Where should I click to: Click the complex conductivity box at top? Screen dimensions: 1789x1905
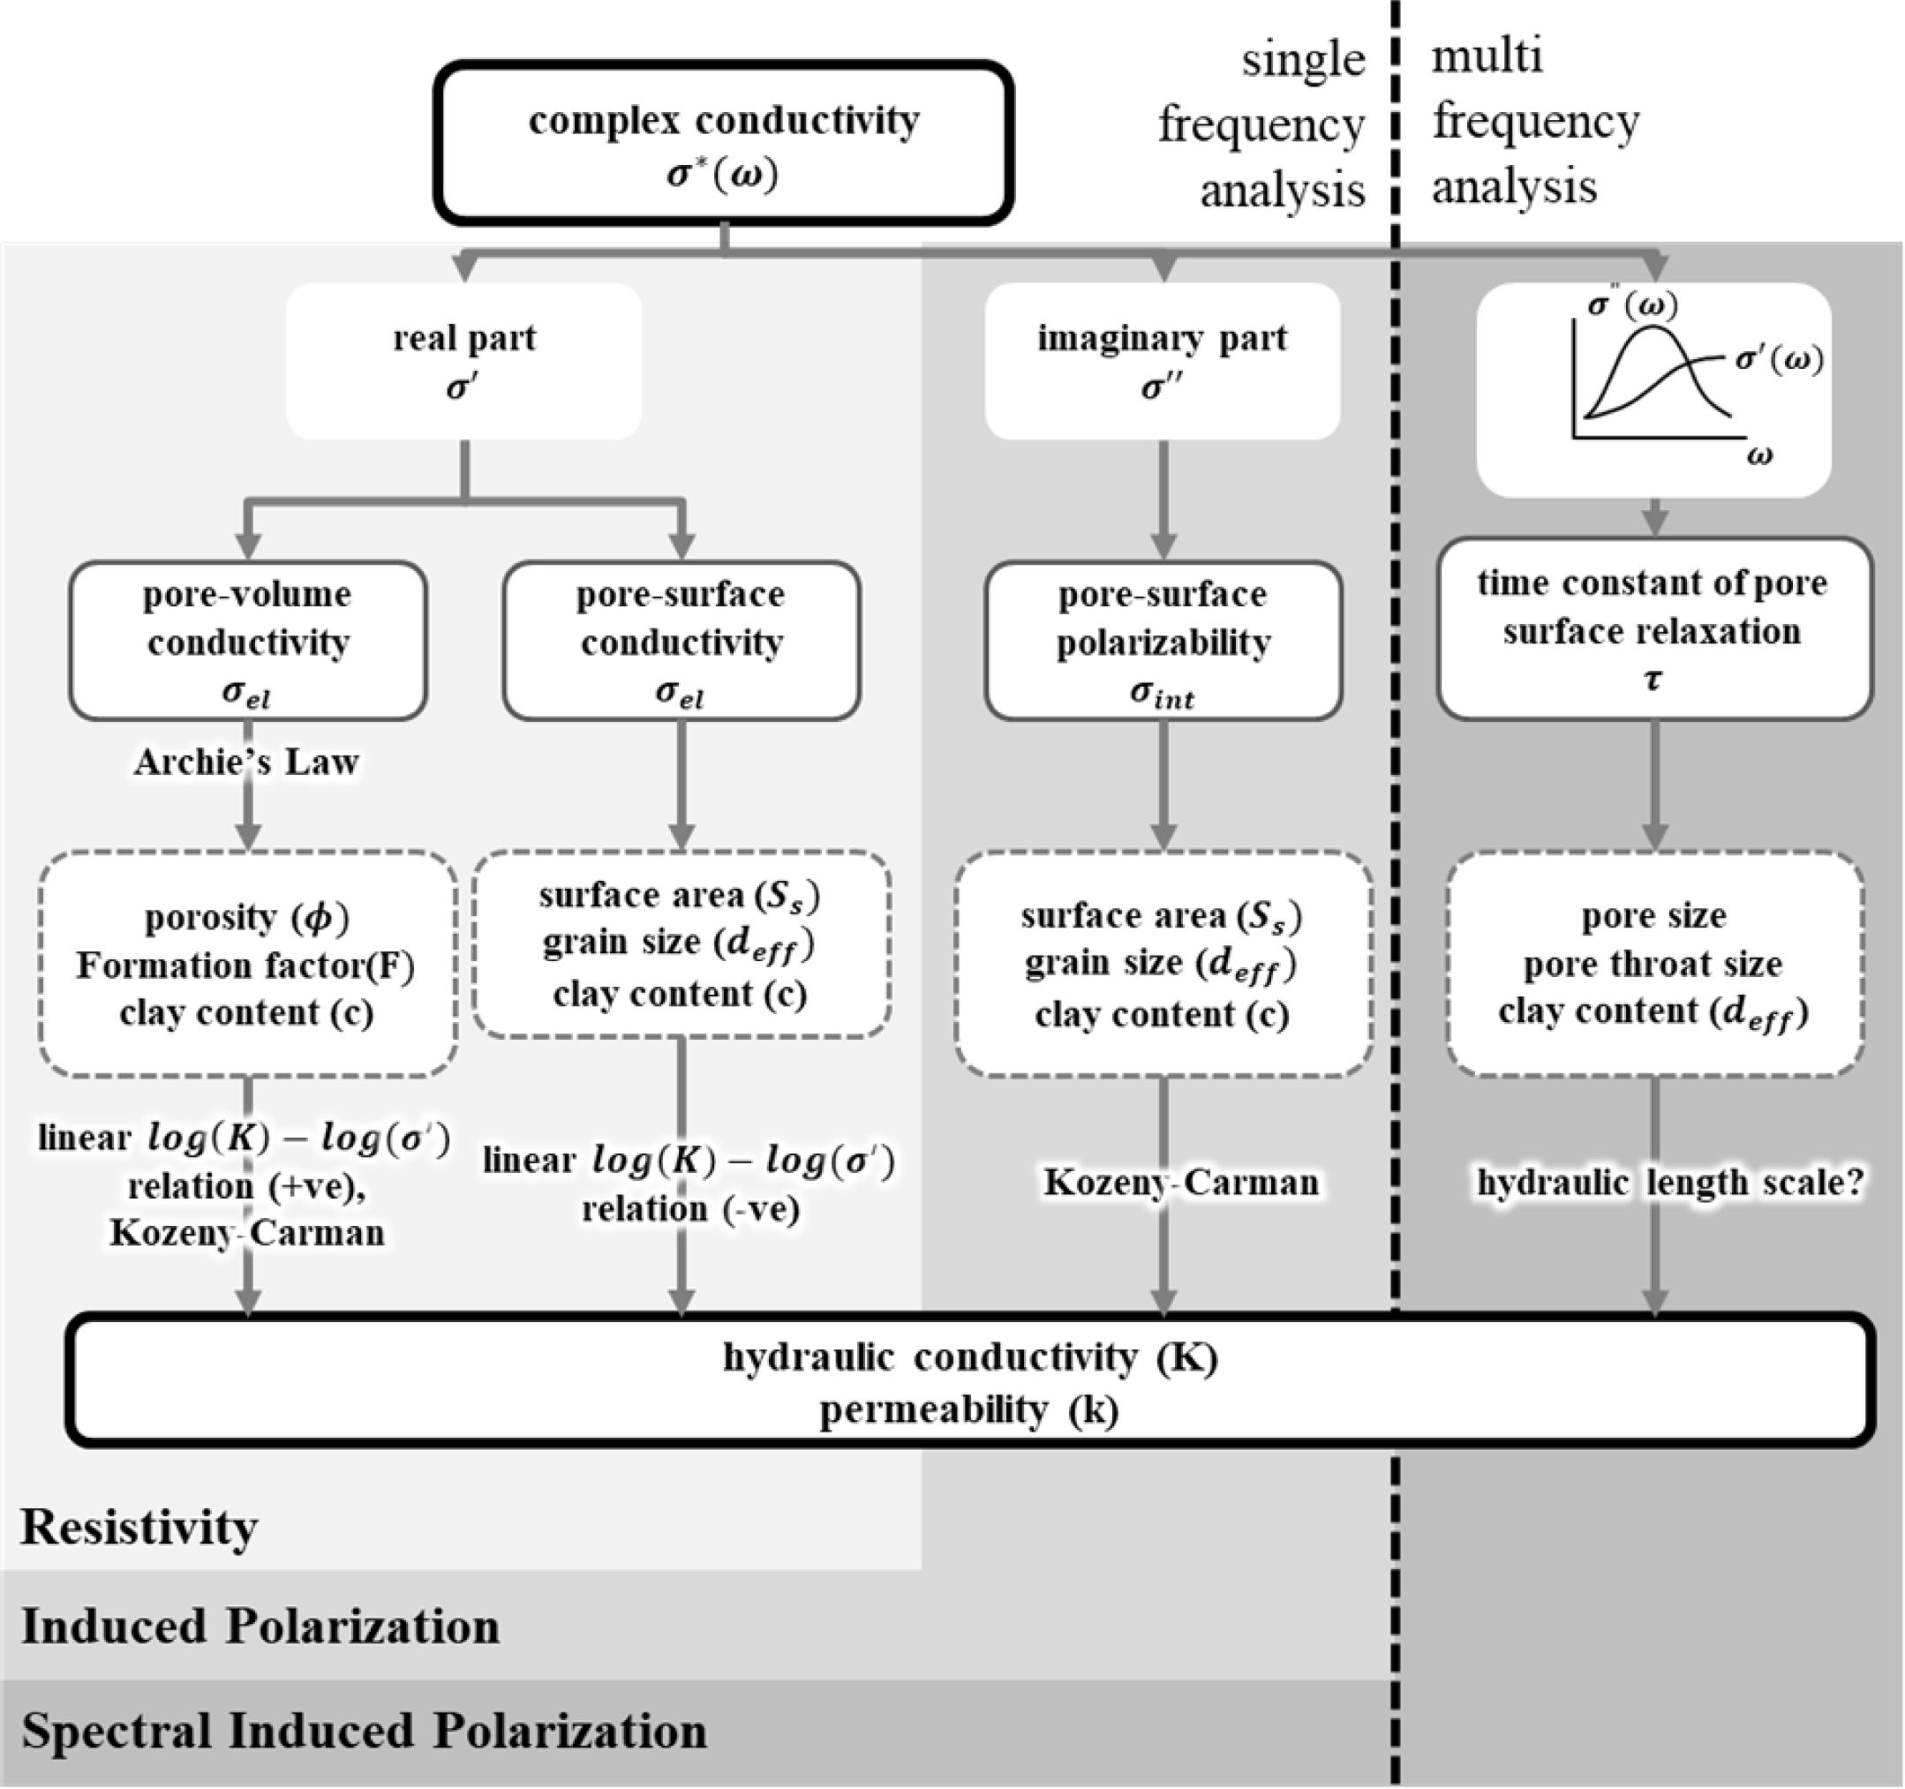click(724, 144)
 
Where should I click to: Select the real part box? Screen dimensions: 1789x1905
click(463, 361)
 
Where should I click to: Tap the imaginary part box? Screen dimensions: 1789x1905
click(1162, 361)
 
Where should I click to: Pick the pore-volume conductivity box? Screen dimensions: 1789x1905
click(248, 640)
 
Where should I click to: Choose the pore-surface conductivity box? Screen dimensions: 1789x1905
click(681, 640)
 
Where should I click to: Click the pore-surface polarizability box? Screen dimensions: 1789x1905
click(1163, 640)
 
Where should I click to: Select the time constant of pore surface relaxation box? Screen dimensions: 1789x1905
click(1653, 628)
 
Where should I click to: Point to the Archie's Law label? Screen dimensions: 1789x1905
click(246, 762)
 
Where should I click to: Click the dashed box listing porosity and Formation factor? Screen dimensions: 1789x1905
click(247, 964)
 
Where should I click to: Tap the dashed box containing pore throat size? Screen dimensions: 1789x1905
click(1654, 964)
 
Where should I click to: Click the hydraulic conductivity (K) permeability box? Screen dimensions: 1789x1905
click(970, 1382)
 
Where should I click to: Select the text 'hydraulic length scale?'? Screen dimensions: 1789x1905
click(1669, 1184)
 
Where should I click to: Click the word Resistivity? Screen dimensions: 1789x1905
click(139, 1528)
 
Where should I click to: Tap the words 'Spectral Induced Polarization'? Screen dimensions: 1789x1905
click(364, 1732)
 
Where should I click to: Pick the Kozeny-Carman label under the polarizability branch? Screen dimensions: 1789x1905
click(1180, 1183)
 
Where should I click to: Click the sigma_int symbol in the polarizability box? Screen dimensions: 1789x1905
click(1163, 693)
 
